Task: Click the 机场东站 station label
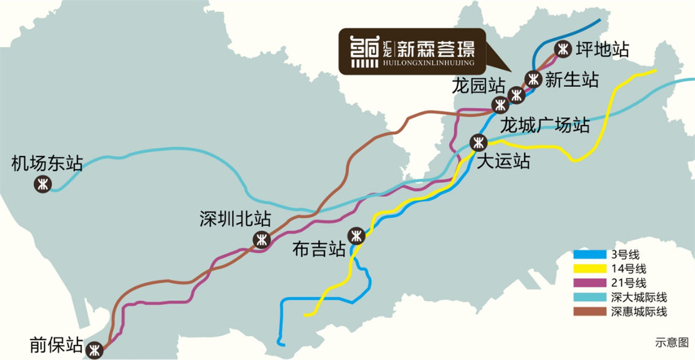(47, 163)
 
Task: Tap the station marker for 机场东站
(43, 185)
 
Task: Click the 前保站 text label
(56, 346)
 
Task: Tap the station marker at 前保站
(94, 350)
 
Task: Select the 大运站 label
(503, 161)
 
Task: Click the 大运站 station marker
(479, 143)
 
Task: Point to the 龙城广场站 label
(545, 126)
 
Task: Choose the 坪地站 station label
(603, 49)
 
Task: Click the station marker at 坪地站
(563, 48)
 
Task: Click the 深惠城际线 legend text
(639, 312)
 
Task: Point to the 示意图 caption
(671, 342)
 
